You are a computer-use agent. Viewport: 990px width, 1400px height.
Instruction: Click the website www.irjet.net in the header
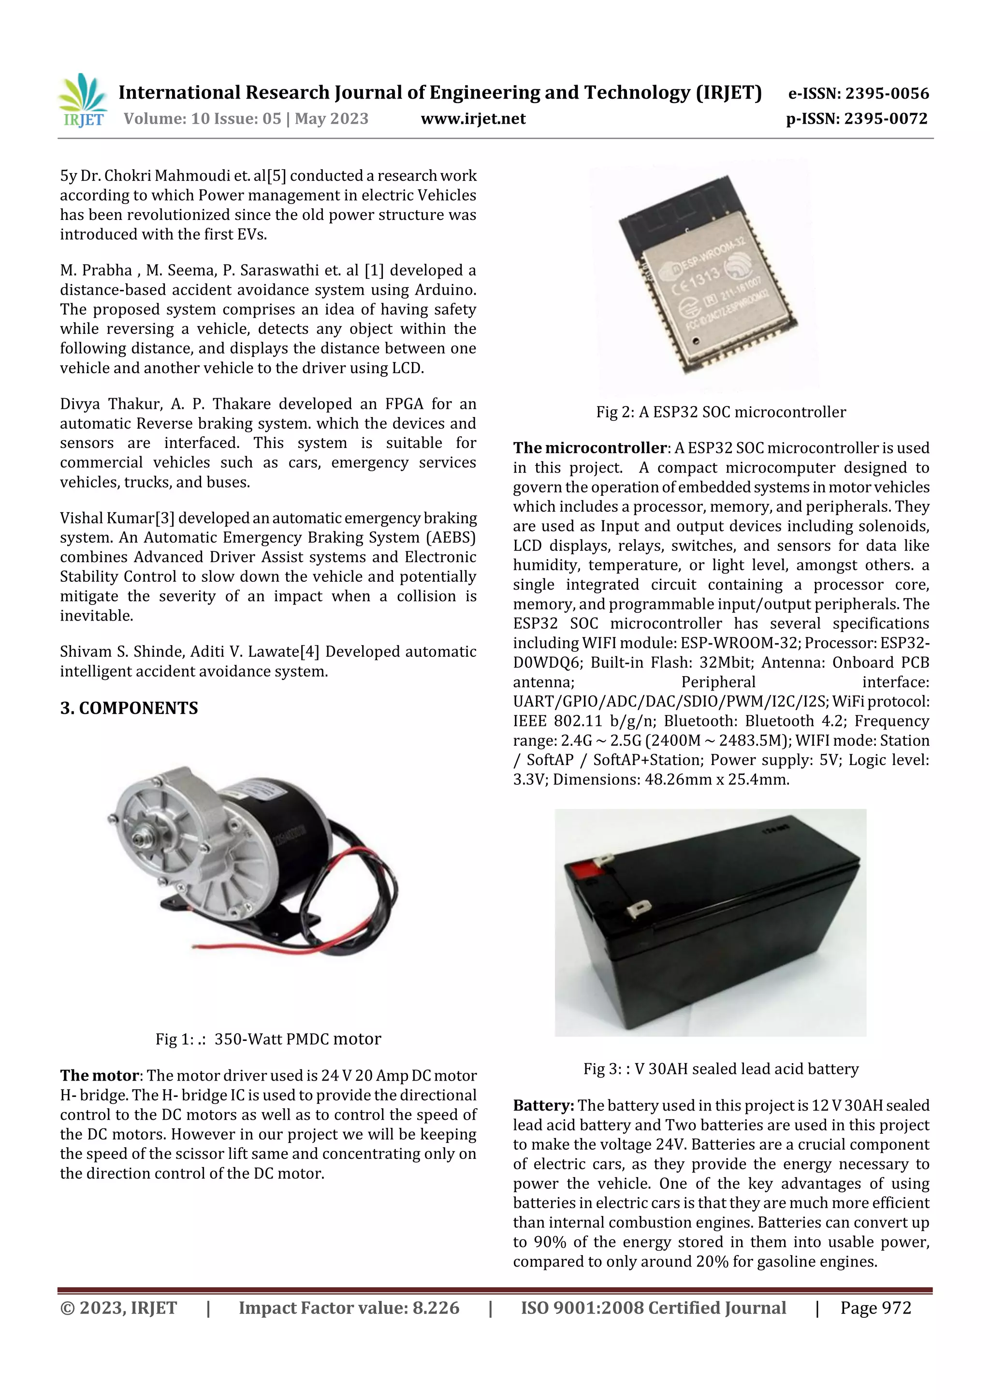(x=473, y=118)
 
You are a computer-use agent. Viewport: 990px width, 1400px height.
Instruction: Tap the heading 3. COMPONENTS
(x=129, y=708)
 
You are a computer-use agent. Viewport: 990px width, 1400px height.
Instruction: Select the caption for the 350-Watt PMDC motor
(x=268, y=1039)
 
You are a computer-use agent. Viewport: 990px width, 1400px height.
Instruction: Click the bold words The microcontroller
(x=589, y=448)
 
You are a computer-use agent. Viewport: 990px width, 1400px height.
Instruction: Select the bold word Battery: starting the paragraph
(x=543, y=1106)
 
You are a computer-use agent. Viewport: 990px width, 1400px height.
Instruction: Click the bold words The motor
(x=100, y=1076)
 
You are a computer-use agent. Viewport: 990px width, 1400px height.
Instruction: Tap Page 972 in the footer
(x=875, y=1308)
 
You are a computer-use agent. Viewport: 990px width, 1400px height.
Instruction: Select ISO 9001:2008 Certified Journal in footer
(x=653, y=1308)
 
